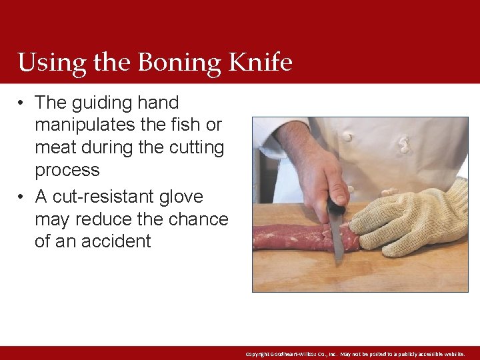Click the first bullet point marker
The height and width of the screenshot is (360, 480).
[x=22, y=103]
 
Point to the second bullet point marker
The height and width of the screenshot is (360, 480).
[x=22, y=197]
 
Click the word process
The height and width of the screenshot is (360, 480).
[x=67, y=170]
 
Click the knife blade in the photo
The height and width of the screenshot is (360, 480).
[x=336, y=240]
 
